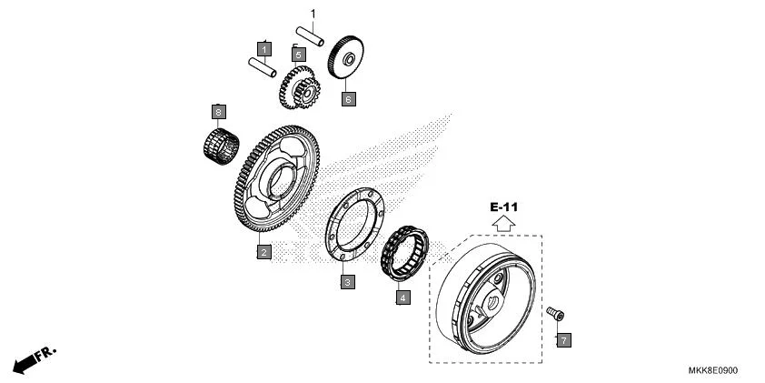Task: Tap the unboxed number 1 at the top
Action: click(313, 14)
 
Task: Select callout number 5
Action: click(298, 55)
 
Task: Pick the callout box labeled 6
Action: click(348, 98)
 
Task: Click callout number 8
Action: click(217, 112)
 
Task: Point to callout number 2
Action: click(263, 252)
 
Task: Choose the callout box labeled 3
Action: click(348, 283)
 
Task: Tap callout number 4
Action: click(402, 296)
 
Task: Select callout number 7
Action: click(563, 340)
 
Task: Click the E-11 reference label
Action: click(505, 207)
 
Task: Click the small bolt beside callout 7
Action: click(554, 313)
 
